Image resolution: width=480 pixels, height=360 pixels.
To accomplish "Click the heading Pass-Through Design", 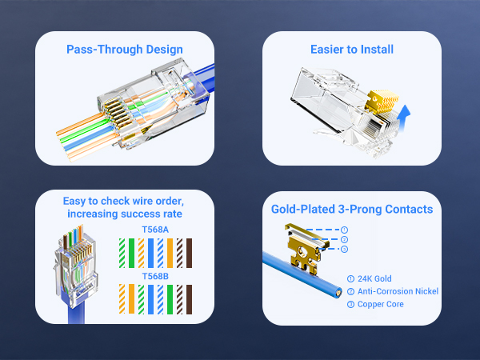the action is point(125,50).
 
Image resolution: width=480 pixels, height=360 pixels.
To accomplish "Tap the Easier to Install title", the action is point(352,50).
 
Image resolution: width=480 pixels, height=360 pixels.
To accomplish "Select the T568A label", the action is point(155,230).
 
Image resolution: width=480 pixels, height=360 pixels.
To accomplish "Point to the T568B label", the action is point(155,276).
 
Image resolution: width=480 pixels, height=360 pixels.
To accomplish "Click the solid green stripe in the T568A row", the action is point(132,253).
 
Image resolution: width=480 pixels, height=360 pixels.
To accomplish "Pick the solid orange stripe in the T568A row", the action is point(170,253).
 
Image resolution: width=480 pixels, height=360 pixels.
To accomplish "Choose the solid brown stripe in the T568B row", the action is point(189,299).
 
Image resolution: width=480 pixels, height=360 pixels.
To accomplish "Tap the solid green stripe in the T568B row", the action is point(170,299).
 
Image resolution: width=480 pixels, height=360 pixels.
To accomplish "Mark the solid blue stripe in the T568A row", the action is point(150,253).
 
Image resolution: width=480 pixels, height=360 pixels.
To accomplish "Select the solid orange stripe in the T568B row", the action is point(132,299).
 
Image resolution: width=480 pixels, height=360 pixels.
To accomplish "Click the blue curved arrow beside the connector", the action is point(403,118).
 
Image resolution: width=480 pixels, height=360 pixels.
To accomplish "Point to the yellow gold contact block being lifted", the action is point(382,102).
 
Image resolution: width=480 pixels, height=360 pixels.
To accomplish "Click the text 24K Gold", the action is point(374,278).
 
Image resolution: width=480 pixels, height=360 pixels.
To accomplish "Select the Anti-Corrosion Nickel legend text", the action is point(398,291).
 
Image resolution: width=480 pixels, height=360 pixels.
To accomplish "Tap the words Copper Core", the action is point(381,304).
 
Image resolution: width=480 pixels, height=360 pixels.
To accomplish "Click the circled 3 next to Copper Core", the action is point(351,305).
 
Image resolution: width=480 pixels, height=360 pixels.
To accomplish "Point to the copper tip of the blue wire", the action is point(338,293).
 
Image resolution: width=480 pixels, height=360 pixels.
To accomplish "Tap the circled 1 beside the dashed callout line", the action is point(344,230).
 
